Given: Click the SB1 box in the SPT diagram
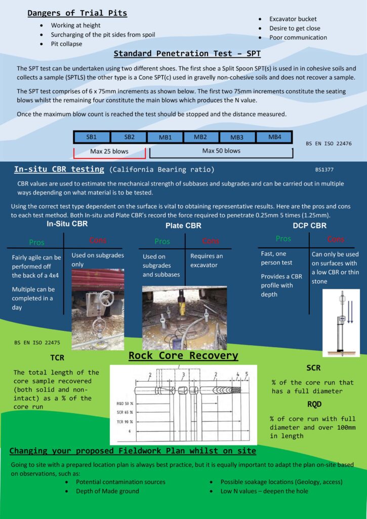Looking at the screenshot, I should [x=92, y=137].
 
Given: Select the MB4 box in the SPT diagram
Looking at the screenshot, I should [x=274, y=137].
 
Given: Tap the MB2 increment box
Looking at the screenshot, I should [x=200, y=137].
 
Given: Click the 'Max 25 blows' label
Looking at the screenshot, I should [x=109, y=151].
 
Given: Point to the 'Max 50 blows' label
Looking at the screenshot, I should [x=221, y=151].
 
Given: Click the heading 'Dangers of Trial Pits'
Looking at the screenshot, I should [x=77, y=13].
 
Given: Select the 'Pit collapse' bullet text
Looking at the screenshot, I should [x=66, y=44].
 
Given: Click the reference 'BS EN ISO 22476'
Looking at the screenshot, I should [x=328, y=144].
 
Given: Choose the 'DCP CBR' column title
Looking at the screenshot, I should [x=310, y=226].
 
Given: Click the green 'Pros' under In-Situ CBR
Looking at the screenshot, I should [x=37, y=242].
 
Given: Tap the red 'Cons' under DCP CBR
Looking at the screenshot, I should [x=336, y=239].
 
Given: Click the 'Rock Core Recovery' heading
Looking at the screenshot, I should [x=183, y=355].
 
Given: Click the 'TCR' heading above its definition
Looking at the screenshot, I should [x=57, y=358].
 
